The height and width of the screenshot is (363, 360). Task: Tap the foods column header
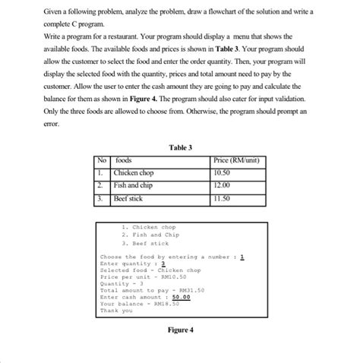tap(123, 160)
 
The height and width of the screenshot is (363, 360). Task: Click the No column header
tap(101, 160)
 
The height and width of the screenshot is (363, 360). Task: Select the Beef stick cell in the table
tap(128, 198)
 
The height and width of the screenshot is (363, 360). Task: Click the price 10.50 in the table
tap(223, 172)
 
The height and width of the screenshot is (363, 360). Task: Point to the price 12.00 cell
tap(223, 185)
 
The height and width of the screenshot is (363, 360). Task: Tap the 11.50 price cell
tap(223, 198)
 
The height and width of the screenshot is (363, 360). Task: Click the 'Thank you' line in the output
tap(115, 310)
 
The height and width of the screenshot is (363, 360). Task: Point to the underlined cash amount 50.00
tap(181, 297)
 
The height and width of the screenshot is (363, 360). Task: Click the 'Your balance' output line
tap(139, 303)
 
